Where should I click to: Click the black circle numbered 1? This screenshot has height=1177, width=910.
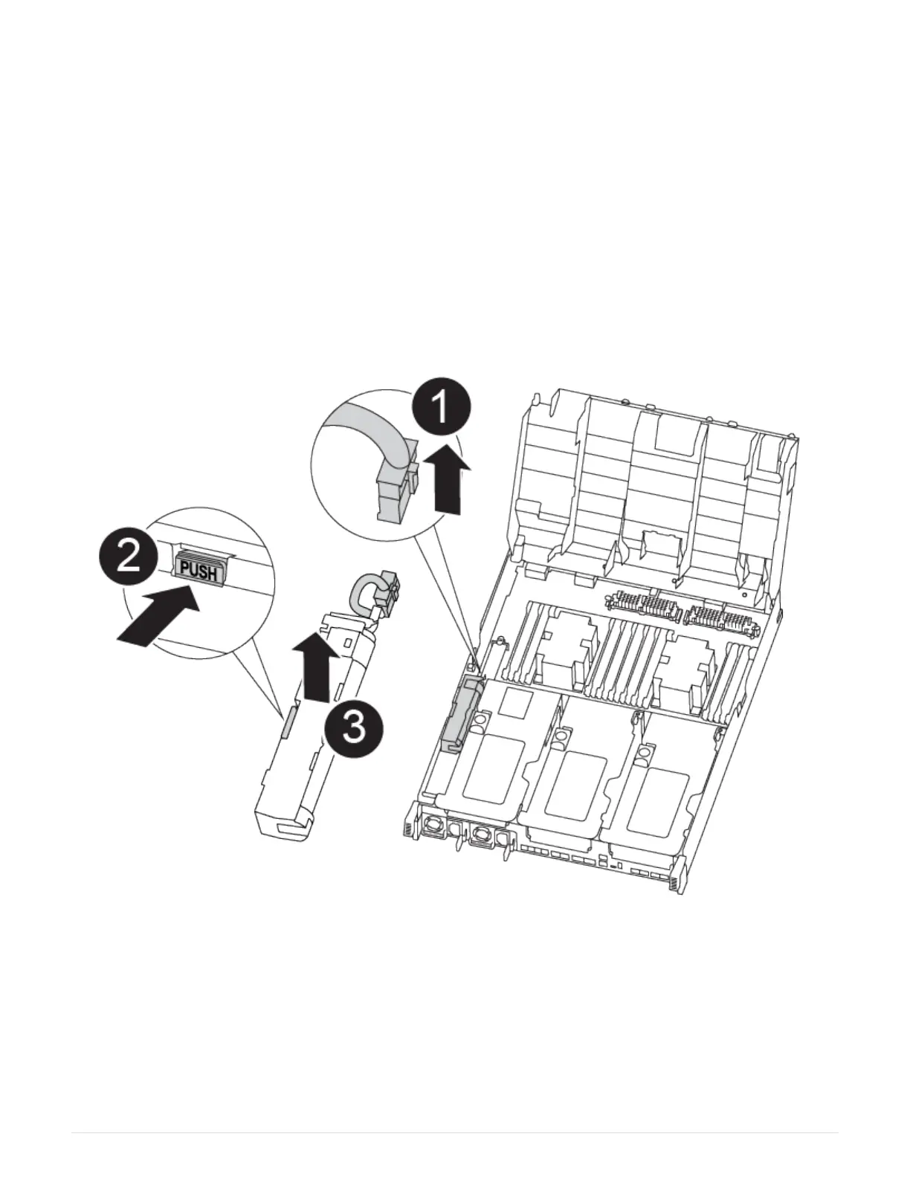tap(441, 407)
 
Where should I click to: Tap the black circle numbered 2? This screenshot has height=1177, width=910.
tap(128, 557)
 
